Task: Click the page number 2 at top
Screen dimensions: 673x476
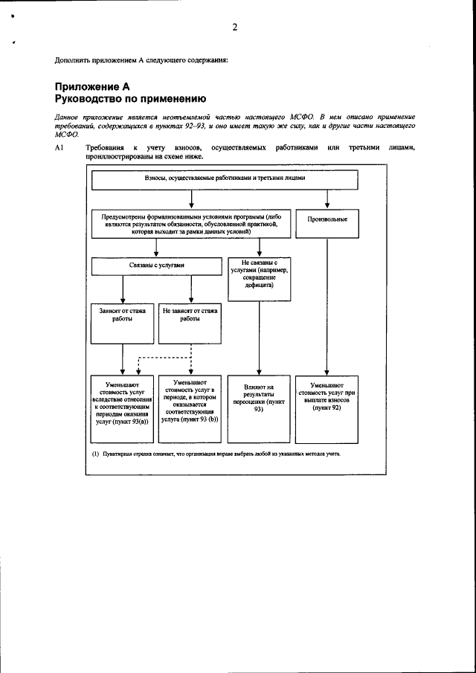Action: click(x=234, y=28)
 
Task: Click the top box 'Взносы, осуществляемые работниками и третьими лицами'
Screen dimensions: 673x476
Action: click(x=225, y=179)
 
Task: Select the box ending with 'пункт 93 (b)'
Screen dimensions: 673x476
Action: click(x=191, y=409)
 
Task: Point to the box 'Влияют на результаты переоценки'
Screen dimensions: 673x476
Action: click(x=259, y=409)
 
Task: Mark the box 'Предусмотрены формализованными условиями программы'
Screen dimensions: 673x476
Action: click(x=192, y=222)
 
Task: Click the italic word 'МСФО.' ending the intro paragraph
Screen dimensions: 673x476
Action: click(x=67, y=135)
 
